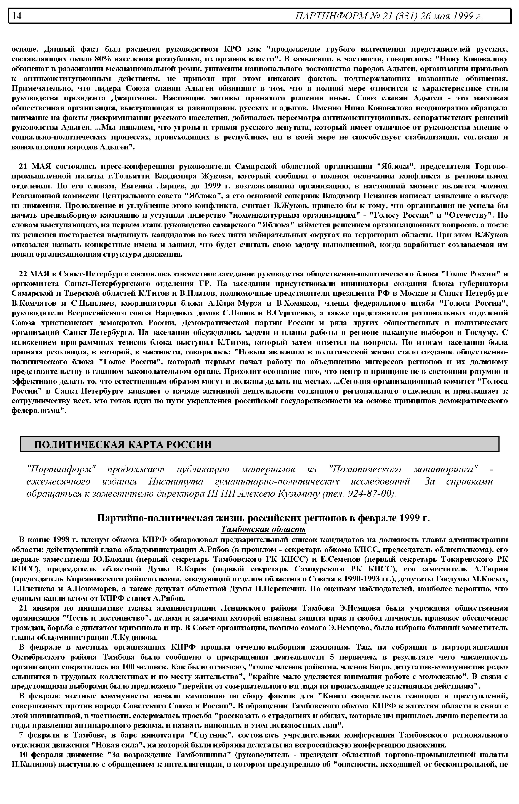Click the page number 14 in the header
point(17,16)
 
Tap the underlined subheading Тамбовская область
point(263,529)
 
